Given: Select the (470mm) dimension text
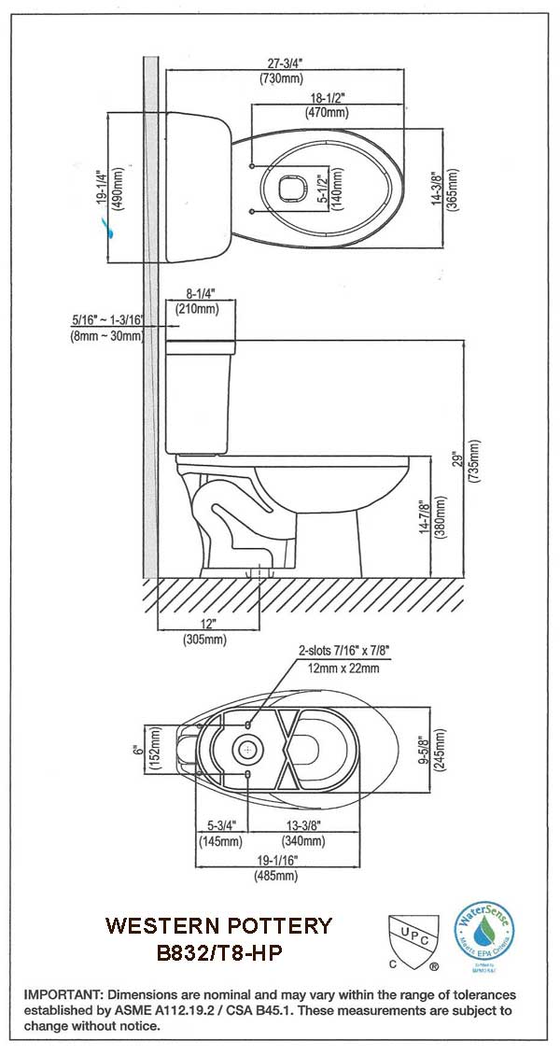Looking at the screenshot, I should [x=327, y=113].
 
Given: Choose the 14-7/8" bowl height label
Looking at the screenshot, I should [x=426, y=516].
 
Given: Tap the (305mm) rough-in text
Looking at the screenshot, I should [x=204, y=640].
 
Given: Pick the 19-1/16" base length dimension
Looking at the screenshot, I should [x=275, y=860].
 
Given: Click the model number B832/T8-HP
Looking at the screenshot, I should [x=218, y=953].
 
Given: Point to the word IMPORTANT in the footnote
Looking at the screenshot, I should [x=62, y=995].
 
